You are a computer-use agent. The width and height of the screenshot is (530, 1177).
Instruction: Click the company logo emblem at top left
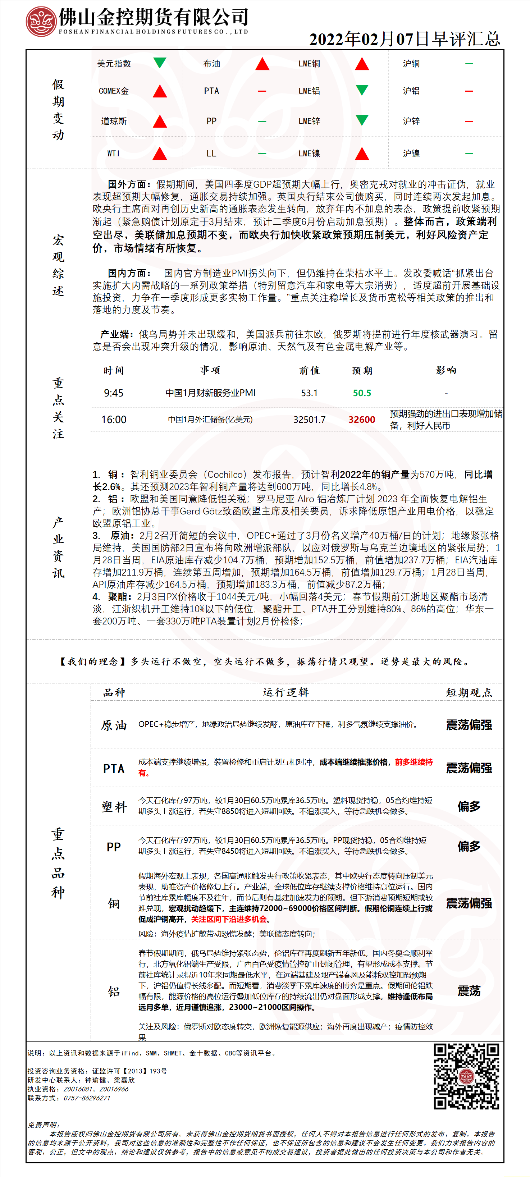tap(41, 22)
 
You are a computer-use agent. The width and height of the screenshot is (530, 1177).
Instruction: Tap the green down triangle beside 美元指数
tap(159, 62)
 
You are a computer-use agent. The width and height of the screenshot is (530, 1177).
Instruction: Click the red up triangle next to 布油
tap(262, 64)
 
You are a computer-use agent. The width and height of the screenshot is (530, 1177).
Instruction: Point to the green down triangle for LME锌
tap(362, 120)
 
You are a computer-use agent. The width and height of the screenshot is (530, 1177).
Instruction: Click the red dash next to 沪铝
tap(469, 91)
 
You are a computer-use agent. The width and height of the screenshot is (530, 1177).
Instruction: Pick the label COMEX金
tap(114, 91)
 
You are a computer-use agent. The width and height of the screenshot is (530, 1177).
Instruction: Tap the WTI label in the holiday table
tap(113, 154)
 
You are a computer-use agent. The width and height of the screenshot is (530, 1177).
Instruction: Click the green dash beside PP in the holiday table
tap(262, 121)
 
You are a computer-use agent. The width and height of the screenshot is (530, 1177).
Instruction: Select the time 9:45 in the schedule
tap(113, 393)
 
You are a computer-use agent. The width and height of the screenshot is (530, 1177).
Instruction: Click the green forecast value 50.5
tap(362, 393)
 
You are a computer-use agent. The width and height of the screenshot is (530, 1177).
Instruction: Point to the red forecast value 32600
tap(362, 420)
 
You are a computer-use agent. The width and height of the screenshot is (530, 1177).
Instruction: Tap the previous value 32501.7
tap(309, 420)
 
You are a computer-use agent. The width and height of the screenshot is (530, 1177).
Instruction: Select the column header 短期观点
tap(469, 693)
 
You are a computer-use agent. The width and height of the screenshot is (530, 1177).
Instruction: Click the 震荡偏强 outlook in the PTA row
tap(469, 768)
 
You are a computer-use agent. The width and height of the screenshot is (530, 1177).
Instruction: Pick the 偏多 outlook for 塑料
tap(469, 806)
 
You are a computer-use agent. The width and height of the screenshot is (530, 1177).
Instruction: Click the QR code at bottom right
tap(466, 1076)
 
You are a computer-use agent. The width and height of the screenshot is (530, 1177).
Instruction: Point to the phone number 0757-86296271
tap(87, 1098)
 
